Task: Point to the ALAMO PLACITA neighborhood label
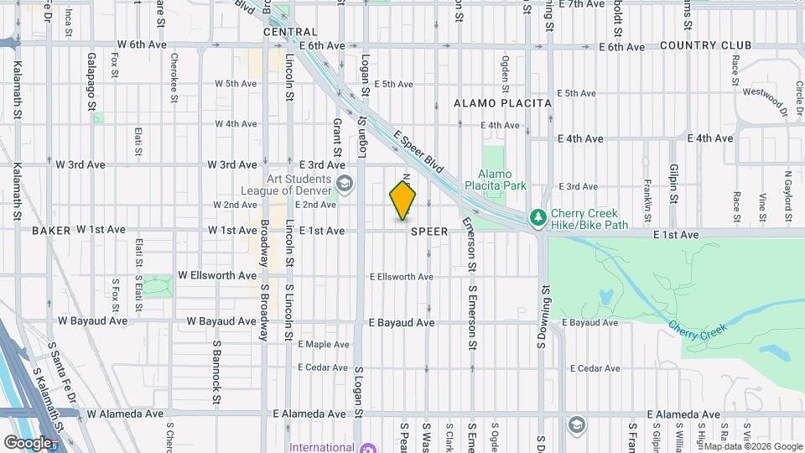pos(502,103)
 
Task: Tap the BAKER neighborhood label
pos(52,230)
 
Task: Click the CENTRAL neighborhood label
pos(290,32)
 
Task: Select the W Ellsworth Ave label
pos(217,276)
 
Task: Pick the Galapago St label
pos(91,82)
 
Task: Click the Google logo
pos(28,443)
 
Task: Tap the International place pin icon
pos(367,448)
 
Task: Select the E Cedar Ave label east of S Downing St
pos(595,368)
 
